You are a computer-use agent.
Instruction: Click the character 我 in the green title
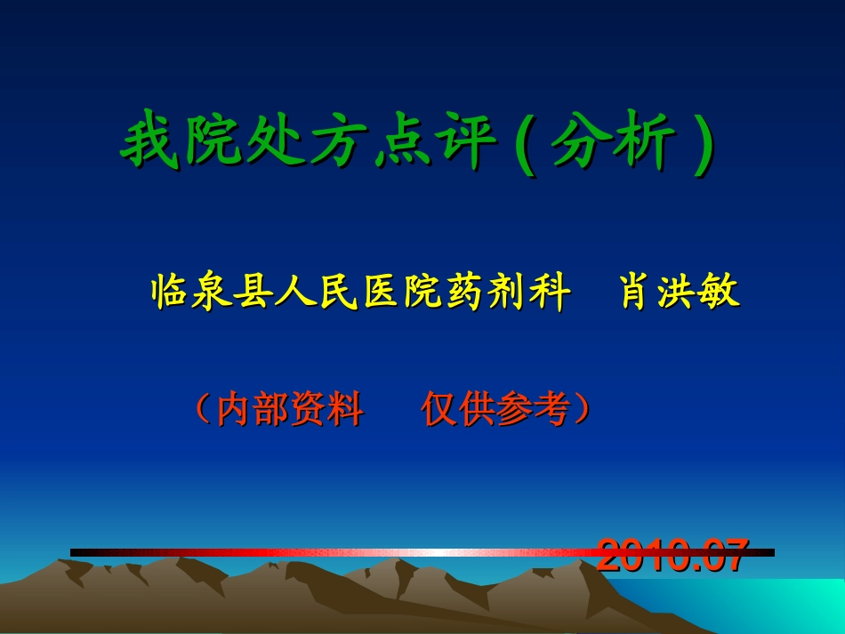point(147,142)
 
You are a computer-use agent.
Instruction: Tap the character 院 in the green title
point(209,142)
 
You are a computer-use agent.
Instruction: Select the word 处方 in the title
point(302,142)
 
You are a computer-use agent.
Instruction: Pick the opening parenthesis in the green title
point(526,144)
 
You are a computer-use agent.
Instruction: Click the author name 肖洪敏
point(680,293)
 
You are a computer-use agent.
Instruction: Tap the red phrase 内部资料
point(290,409)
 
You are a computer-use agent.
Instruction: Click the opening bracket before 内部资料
point(202,409)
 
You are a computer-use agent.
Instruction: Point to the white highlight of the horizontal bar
point(427,552)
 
